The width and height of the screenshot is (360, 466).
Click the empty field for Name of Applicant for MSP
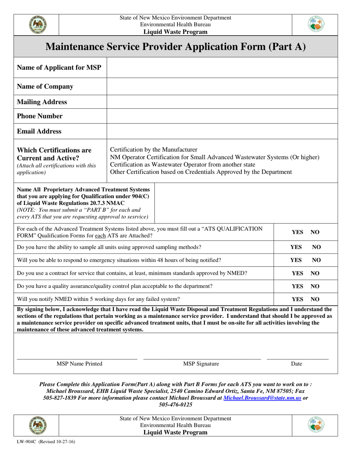pyautogui.click(x=222, y=68)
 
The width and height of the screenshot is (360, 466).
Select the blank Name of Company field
pyautogui.click(x=222, y=86)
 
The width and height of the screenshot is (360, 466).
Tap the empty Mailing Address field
pyautogui.click(x=222, y=102)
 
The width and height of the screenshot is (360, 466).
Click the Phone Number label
pyautogui.click(x=40, y=116)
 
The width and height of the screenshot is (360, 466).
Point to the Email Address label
pyautogui.click(x=39, y=131)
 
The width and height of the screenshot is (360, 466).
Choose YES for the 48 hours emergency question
pyautogui.click(x=296, y=260)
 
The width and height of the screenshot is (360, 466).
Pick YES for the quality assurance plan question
pyautogui.click(x=297, y=286)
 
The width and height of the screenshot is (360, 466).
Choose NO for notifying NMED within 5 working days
pyautogui.click(x=315, y=299)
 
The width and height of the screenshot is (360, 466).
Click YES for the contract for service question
pyautogui.click(x=297, y=273)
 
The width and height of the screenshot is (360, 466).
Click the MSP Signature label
pyautogui.click(x=201, y=364)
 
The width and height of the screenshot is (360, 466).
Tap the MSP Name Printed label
pyautogui.click(x=79, y=364)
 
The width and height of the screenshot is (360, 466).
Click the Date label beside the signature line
pyautogui.click(x=296, y=364)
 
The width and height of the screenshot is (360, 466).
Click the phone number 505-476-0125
pyautogui.click(x=175, y=405)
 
